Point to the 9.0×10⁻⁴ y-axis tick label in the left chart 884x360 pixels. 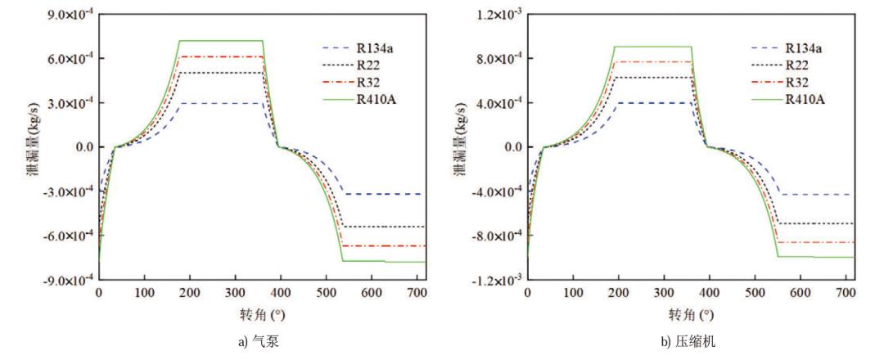point(69,16)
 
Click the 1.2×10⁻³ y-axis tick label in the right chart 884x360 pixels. point(498,16)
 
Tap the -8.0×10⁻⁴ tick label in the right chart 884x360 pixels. point(496,236)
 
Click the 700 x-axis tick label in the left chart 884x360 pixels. point(417,291)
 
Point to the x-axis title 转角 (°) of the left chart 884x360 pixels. point(262,313)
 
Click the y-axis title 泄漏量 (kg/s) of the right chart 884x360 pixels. point(461,147)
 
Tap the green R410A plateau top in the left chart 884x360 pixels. point(221,40)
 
